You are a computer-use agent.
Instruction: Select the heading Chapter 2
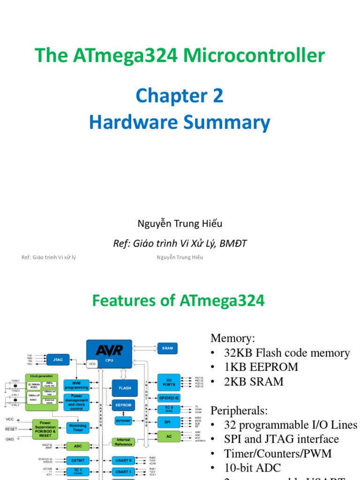pos(180,96)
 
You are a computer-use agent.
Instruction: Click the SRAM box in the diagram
pos(167,348)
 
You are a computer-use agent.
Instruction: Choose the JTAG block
pos(58,360)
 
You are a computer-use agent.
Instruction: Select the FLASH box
pos(124,388)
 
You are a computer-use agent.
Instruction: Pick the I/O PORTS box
pos(169,382)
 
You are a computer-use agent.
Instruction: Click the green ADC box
pos(76,447)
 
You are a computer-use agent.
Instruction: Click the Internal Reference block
pos(124,442)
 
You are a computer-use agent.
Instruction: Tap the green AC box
pos(169,436)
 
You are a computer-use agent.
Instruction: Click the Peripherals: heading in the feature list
pos(239,411)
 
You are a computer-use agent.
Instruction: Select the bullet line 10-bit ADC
pos(257,467)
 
